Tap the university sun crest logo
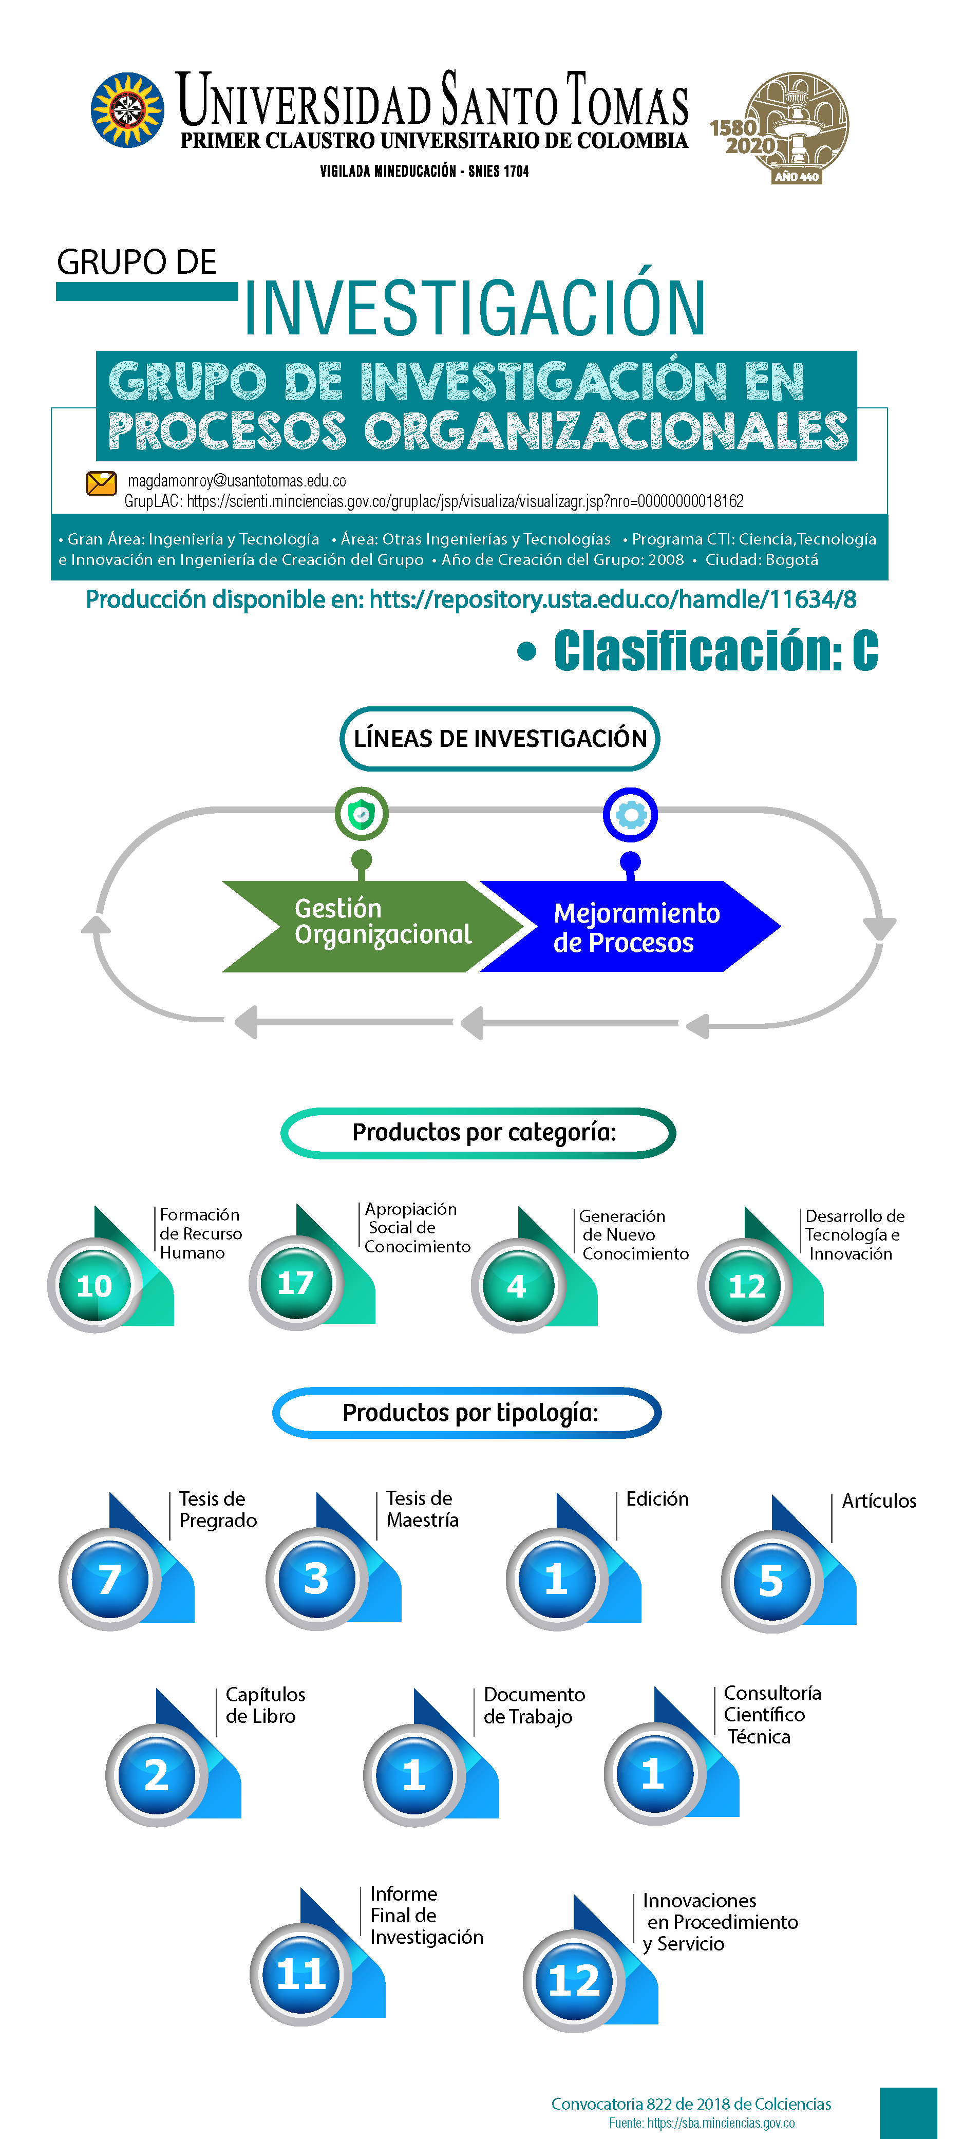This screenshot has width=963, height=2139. tap(127, 109)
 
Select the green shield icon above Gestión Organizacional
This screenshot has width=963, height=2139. tap(361, 814)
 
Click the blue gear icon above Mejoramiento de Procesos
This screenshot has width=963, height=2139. tap(630, 815)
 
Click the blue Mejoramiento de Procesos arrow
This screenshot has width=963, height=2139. tap(630, 926)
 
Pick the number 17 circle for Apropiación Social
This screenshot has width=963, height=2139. tap(295, 1283)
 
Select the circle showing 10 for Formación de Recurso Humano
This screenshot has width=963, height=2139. tap(94, 1285)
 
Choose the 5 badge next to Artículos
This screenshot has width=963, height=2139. tap(772, 1581)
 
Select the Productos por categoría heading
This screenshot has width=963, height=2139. tap(478, 1133)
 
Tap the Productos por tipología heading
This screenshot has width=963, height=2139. tap(467, 1413)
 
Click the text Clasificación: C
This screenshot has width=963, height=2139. tap(715, 650)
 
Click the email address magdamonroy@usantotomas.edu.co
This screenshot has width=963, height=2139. tap(237, 481)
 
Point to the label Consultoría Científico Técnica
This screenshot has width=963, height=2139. tap(772, 1715)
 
